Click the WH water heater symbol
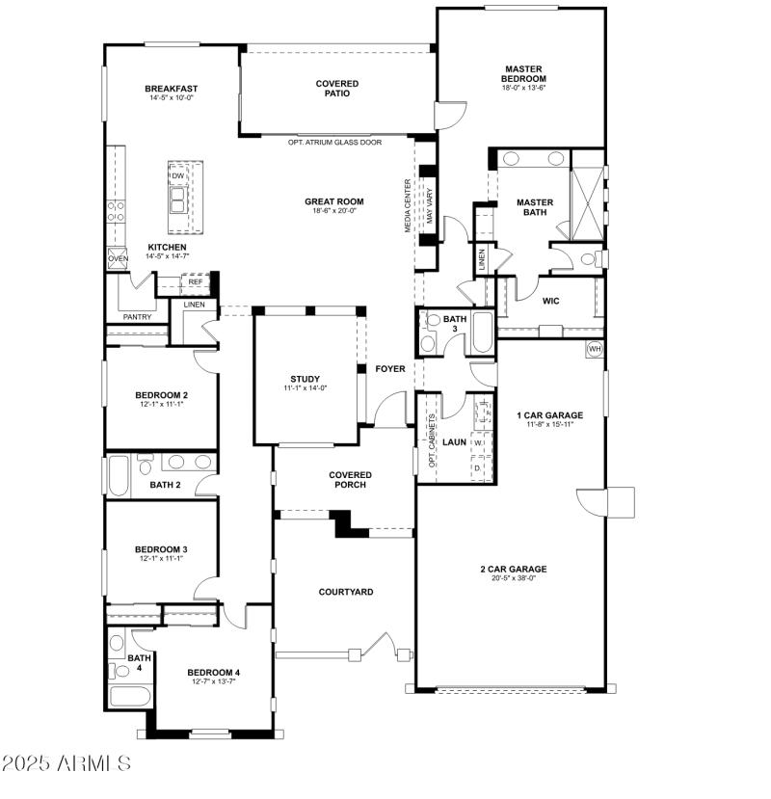(594, 348)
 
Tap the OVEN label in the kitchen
(118, 258)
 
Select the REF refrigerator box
(195, 282)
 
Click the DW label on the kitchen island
(178, 175)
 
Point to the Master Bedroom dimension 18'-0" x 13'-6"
(523, 89)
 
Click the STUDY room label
(305, 379)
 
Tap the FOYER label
(390, 368)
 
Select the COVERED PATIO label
(337, 89)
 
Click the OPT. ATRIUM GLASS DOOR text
(334, 142)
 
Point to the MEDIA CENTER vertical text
(409, 205)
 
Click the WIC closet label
(550, 301)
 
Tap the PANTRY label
(136, 317)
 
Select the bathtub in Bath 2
(118, 473)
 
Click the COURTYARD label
(346, 592)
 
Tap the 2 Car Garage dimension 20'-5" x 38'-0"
(513, 578)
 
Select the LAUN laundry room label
(454, 442)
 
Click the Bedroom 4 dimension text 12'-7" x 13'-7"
(213, 681)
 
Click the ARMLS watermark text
(66, 764)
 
